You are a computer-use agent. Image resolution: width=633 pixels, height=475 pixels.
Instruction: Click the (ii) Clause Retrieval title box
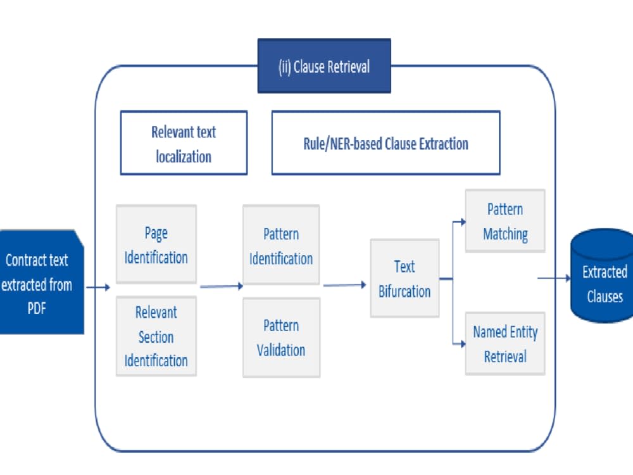click(x=324, y=66)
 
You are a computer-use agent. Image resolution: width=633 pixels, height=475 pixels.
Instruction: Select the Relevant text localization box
click(x=184, y=142)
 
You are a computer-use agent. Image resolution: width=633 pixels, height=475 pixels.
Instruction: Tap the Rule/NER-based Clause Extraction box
click(x=386, y=142)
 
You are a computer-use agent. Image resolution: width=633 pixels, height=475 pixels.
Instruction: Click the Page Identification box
click(x=156, y=244)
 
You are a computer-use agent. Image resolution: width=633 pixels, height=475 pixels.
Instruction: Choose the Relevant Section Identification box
click(x=156, y=336)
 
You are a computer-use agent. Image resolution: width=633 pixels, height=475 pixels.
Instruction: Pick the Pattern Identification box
click(x=281, y=244)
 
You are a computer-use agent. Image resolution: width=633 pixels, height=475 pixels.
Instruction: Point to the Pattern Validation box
click(x=282, y=338)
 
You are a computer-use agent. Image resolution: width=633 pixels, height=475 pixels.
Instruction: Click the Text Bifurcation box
click(x=404, y=278)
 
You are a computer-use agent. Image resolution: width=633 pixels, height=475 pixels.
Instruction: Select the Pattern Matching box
click(x=505, y=221)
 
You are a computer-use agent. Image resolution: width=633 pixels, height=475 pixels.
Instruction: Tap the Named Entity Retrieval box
click(x=505, y=344)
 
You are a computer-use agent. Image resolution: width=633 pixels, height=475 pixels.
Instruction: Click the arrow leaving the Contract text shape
click(x=98, y=287)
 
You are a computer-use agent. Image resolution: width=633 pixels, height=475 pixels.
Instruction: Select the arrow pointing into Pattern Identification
click(x=222, y=286)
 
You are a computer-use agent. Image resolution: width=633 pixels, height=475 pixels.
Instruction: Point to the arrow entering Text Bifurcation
click(x=345, y=285)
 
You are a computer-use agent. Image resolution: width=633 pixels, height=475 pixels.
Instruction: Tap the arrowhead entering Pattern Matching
click(x=463, y=221)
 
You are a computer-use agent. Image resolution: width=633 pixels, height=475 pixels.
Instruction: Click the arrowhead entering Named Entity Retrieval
click(x=463, y=344)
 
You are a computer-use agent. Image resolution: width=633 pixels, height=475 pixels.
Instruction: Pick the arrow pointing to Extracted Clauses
click(x=554, y=278)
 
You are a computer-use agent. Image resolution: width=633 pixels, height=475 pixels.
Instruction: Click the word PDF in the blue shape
click(x=37, y=308)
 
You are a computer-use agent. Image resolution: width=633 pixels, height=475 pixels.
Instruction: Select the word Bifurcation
click(x=404, y=291)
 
